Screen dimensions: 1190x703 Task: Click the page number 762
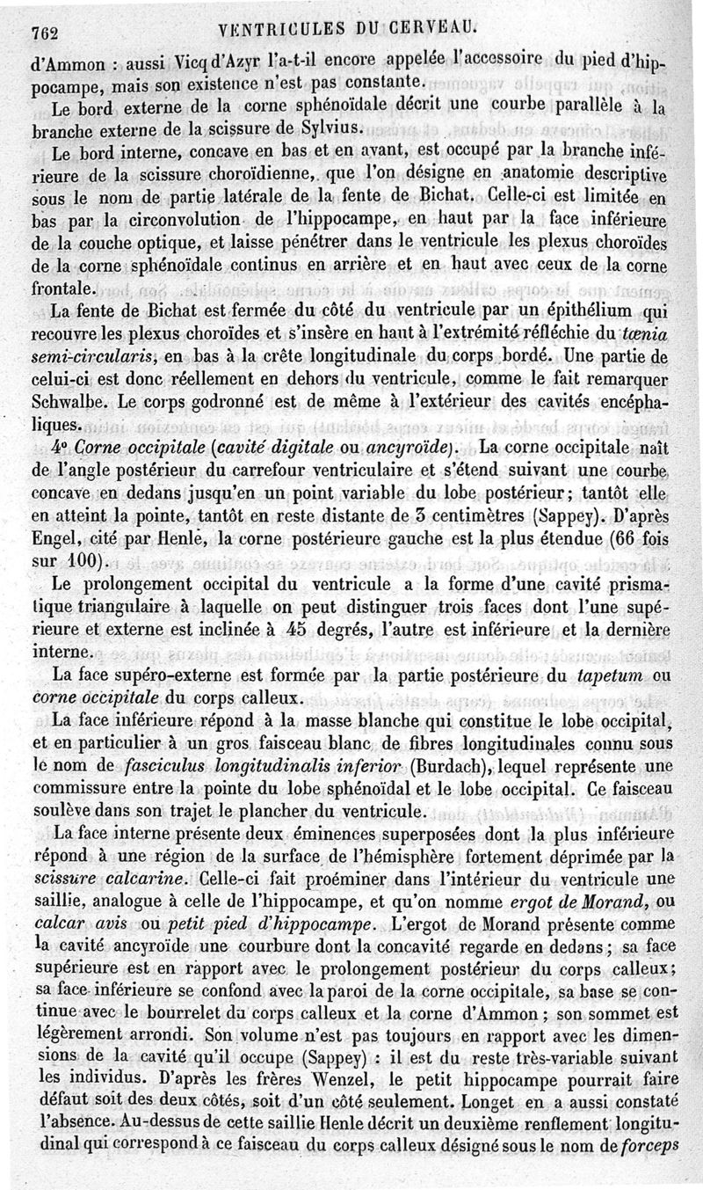[44, 33]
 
